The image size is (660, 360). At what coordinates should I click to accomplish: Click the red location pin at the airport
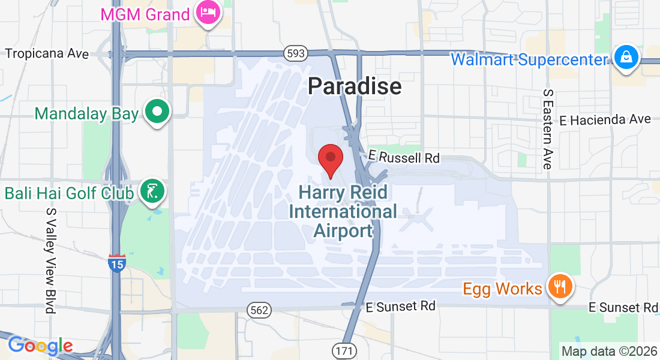330,159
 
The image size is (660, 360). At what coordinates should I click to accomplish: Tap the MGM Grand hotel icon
209,13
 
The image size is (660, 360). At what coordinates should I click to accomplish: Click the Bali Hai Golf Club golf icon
152,192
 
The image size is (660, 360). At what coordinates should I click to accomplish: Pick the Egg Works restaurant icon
560,287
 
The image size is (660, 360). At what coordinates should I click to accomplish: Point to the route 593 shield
296,54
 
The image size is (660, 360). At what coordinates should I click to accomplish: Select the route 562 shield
259,310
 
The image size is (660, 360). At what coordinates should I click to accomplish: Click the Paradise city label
354,86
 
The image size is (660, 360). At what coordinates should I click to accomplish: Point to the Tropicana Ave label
47,53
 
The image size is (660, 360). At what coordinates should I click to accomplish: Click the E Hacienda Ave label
605,119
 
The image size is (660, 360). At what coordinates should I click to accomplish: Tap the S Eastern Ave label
547,129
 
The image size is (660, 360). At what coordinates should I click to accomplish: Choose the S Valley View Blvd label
50,260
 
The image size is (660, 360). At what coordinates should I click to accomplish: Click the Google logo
40,346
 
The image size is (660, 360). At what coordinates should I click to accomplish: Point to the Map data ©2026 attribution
609,351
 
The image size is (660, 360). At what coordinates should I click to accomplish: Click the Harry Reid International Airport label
343,211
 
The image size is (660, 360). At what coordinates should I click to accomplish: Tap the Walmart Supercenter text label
530,59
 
